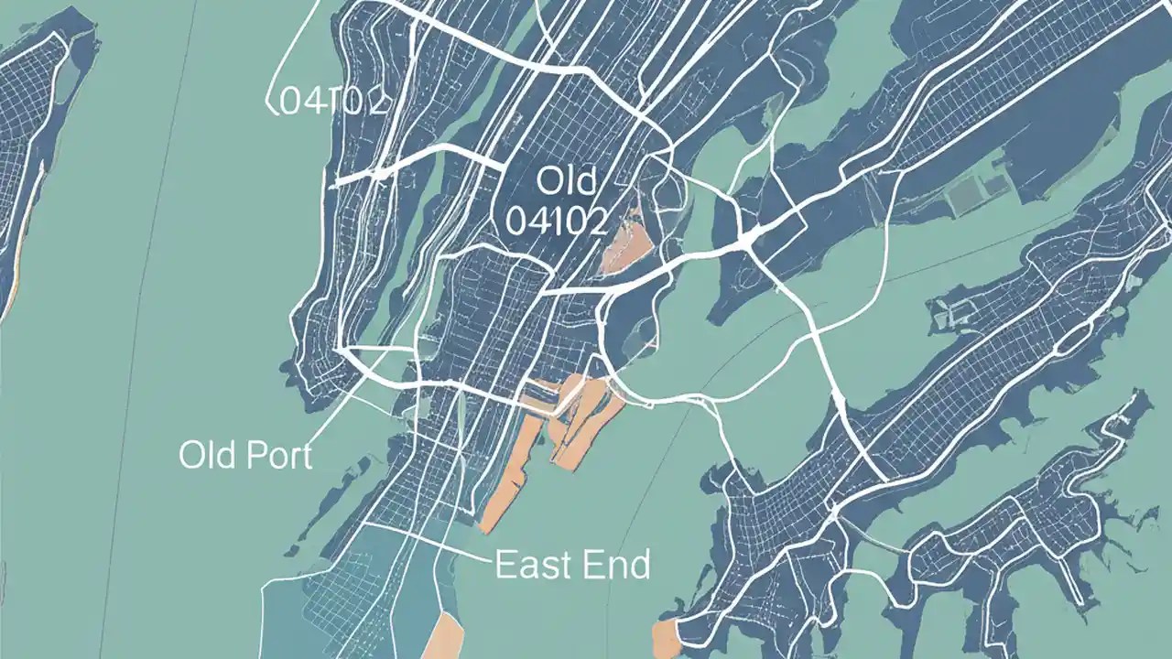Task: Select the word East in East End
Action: coord(529,565)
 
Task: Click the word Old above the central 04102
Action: coord(565,181)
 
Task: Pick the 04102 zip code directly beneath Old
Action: coord(556,221)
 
